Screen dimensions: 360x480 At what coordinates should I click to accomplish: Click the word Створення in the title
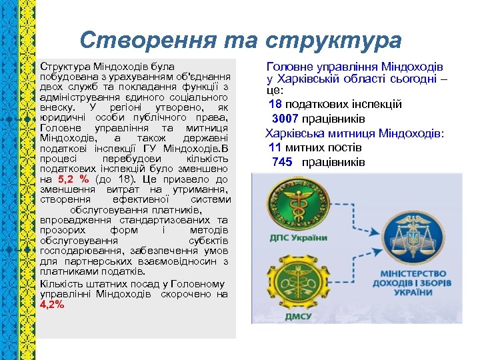(x=134, y=41)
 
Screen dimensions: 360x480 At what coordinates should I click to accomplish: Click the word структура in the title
(x=333, y=41)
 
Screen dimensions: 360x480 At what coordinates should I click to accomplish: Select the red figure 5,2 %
(x=73, y=179)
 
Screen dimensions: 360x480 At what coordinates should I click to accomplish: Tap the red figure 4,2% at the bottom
(x=52, y=304)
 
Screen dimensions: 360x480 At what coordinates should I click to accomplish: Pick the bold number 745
(x=282, y=162)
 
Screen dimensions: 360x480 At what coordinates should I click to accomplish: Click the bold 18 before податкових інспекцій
(x=275, y=104)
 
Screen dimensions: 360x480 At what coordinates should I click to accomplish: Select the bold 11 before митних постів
(x=275, y=147)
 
